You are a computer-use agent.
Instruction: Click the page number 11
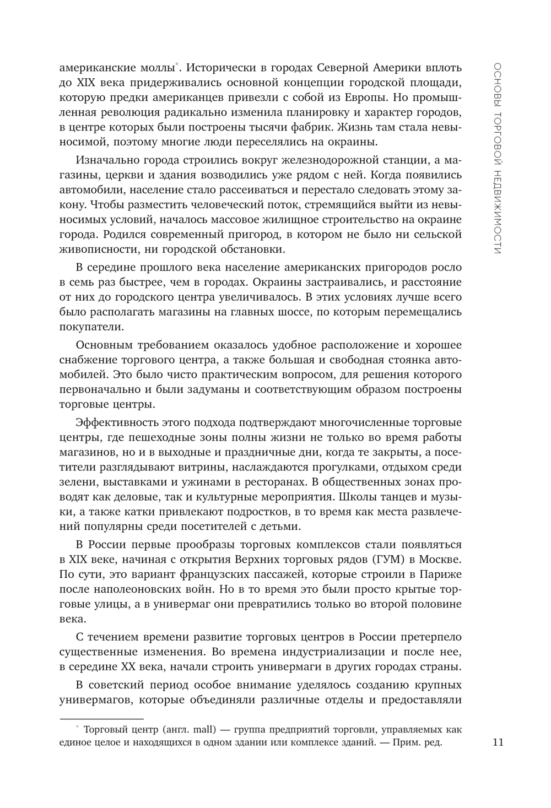[498, 742]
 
